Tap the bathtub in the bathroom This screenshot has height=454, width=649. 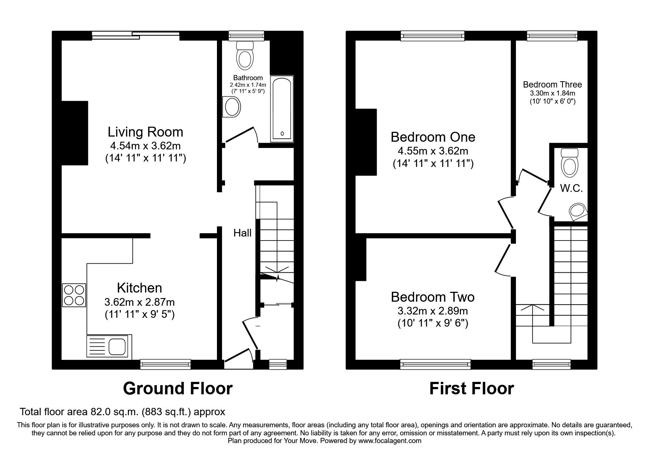pos(282,109)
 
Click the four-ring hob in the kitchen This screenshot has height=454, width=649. pos(74,295)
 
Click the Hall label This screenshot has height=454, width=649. pos(243,233)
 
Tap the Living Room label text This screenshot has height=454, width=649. pos(145,132)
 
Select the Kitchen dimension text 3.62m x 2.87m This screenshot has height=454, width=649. pos(139,302)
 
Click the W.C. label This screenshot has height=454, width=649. pos(571,189)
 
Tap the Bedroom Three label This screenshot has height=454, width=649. pos(552,85)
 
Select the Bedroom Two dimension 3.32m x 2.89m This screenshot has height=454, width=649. pos(432,311)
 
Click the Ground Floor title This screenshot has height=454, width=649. pos(177,388)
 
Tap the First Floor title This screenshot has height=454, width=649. pos(471,388)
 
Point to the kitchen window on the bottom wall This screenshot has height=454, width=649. pos(165,364)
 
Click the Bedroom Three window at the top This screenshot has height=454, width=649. pos(552,36)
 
